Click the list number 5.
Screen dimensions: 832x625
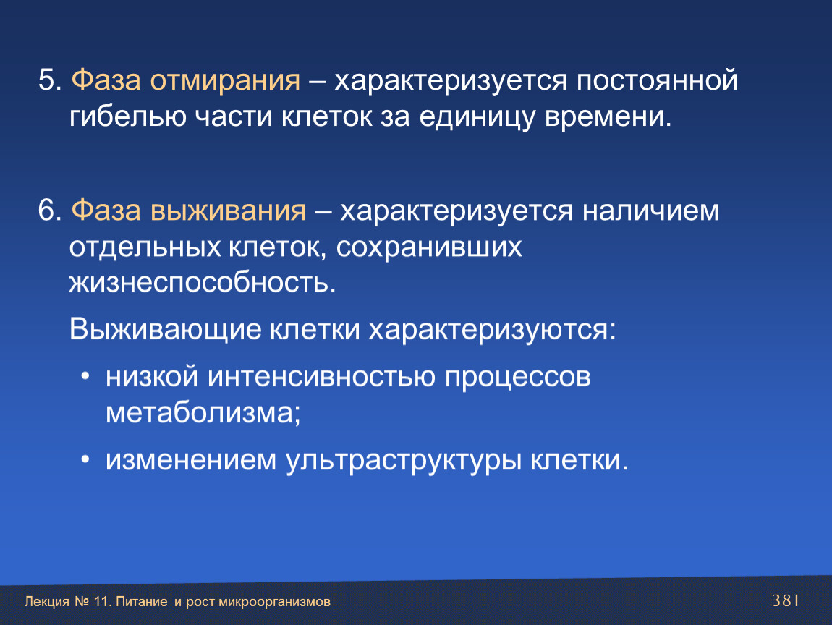coord(50,80)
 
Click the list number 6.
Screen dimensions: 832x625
coord(50,211)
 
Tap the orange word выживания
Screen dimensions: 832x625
coord(228,211)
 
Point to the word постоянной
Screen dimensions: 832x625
coord(657,80)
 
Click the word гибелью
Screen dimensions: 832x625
coord(128,118)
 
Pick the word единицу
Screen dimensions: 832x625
coord(477,118)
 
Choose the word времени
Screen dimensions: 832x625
coord(608,116)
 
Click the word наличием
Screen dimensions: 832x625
coord(650,211)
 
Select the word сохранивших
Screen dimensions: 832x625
coord(429,248)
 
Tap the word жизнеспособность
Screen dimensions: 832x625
coord(203,281)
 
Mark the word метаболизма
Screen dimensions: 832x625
coord(203,413)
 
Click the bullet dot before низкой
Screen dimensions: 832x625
coord(85,376)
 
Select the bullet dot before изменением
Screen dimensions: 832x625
coord(85,459)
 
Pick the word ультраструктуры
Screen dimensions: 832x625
coord(403,461)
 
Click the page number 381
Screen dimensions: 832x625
coord(785,600)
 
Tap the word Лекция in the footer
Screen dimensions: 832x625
coord(47,602)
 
